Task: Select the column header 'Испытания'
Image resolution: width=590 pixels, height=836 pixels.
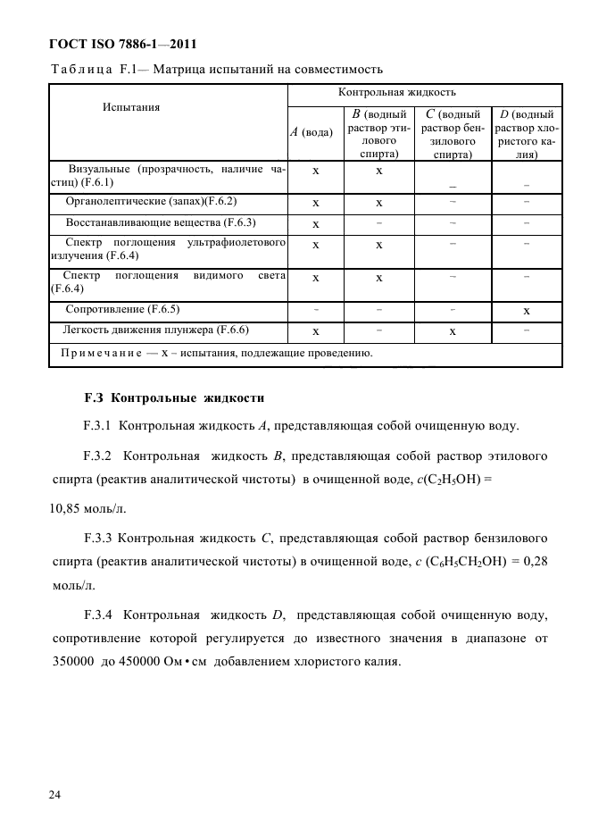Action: (131, 107)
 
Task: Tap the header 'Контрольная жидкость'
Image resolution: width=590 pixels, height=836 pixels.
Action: (396, 92)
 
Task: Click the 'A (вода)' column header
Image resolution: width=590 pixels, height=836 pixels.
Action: (314, 132)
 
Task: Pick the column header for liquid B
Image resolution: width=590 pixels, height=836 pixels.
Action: (379, 134)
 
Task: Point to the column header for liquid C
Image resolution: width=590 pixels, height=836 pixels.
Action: (453, 134)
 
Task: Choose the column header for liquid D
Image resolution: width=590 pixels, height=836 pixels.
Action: (527, 134)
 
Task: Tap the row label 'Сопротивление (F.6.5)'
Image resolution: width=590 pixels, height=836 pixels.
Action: (123, 309)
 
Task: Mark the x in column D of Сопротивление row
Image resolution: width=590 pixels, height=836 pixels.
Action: (527, 311)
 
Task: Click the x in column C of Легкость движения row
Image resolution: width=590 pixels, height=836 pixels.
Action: (453, 331)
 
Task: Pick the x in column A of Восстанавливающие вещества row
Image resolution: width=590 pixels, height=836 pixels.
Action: (315, 224)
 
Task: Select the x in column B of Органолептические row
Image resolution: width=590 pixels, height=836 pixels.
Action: (379, 204)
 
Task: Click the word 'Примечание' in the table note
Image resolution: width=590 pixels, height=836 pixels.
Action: (100, 354)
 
